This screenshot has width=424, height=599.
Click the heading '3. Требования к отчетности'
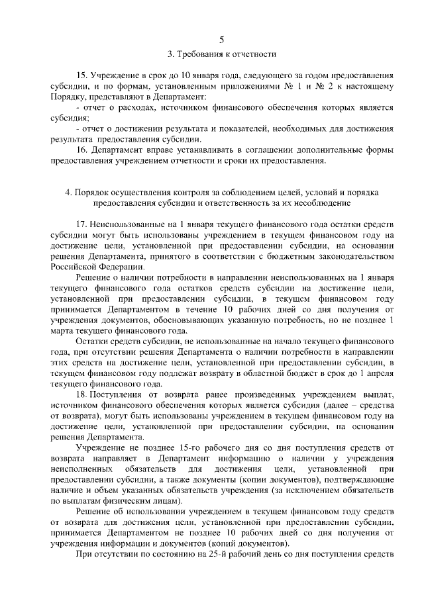[212, 54]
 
